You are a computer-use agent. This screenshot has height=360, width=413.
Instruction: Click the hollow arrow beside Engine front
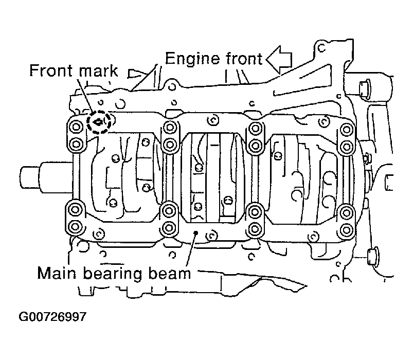click(279, 60)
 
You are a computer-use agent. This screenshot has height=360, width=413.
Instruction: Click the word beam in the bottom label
click(170, 274)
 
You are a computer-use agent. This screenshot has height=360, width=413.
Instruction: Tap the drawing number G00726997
click(52, 316)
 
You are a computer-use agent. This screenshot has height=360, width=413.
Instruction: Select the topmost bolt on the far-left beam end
click(76, 127)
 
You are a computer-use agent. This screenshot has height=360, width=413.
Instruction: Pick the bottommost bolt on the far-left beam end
click(75, 226)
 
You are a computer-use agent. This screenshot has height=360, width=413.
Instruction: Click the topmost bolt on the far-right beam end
click(347, 130)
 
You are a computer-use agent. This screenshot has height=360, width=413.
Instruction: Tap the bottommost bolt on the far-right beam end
click(346, 230)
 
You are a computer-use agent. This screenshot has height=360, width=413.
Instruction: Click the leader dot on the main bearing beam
click(195, 232)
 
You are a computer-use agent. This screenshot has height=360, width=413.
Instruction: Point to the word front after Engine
click(244, 59)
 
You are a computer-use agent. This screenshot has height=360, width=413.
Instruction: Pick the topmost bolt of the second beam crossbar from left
click(170, 128)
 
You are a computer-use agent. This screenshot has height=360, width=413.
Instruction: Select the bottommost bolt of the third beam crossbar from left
click(255, 228)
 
